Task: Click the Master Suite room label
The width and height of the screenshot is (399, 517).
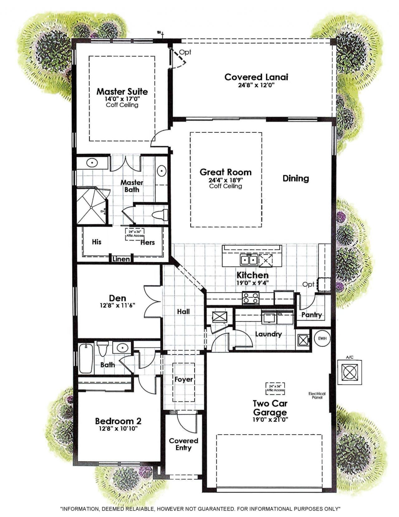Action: (x=122, y=91)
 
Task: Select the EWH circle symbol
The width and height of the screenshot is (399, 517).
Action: (x=321, y=339)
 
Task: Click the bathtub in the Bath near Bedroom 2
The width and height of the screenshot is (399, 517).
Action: (x=86, y=358)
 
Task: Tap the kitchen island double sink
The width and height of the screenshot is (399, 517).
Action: (x=248, y=260)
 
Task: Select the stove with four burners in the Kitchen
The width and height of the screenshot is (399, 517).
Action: (x=251, y=298)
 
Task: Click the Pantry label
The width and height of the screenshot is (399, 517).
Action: (x=311, y=315)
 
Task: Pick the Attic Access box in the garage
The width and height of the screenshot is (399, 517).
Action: (x=275, y=388)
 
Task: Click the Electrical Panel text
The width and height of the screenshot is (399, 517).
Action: (x=317, y=395)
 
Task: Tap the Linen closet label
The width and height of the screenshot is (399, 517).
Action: (x=121, y=259)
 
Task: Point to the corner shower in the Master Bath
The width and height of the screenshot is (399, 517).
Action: (x=91, y=206)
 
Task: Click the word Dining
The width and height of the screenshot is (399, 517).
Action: (x=296, y=178)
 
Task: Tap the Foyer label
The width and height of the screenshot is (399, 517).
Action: (x=183, y=379)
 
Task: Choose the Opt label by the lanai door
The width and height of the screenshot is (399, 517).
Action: (x=185, y=52)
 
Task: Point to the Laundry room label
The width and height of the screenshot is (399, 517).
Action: (x=268, y=334)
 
